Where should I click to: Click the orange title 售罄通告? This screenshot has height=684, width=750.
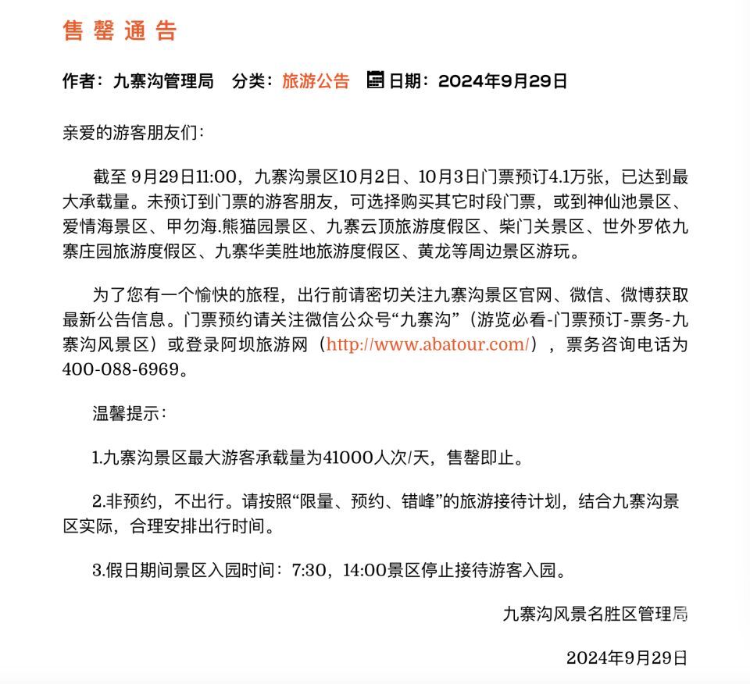coord(120,30)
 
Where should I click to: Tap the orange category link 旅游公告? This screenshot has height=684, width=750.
coord(316,81)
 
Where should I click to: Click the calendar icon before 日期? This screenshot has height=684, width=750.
coord(375,80)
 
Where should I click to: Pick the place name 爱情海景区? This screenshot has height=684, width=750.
coord(101,229)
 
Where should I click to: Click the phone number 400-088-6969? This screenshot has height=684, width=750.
coord(120,369)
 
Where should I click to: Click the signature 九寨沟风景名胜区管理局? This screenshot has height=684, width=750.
coord(595,614)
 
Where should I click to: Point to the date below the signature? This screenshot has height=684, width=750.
coord(627,657)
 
